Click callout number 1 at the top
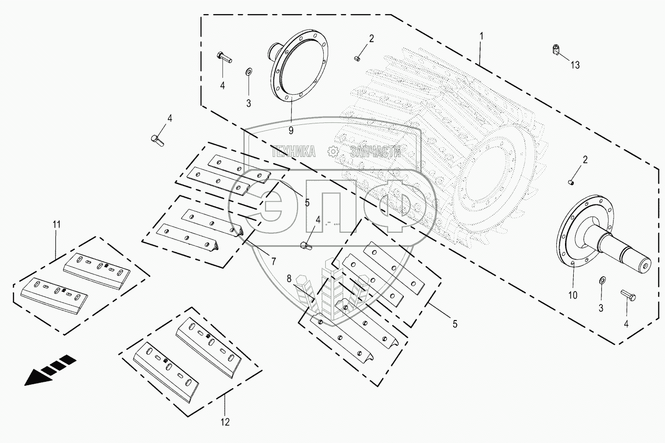[481, 36]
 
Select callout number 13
[575, 65]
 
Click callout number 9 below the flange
[291, 130]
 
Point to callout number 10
[573, 295]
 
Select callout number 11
[57, 224]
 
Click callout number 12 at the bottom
[225, 422]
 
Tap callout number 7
[273, 261]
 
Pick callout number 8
[289, 279]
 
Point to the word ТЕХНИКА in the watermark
[293, 152]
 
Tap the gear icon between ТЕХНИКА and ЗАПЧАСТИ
[333, 152]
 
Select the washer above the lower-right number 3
[602, 280]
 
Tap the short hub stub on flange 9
[272, 50]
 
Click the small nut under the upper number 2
[357, 59]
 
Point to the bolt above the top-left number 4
[224, 57]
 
